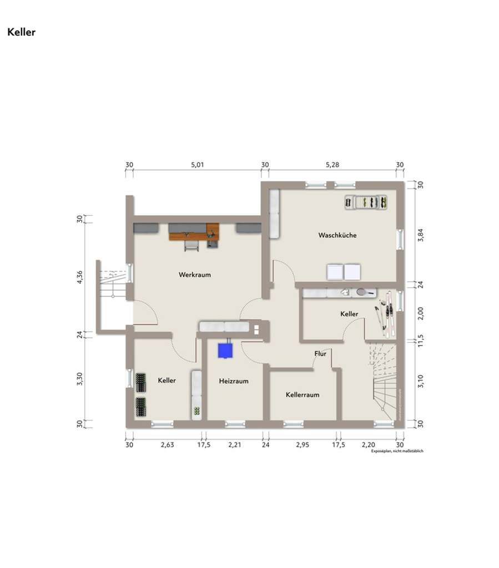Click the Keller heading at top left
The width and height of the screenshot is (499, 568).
pos(21,32)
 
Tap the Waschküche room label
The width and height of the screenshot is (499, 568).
pos(337,235)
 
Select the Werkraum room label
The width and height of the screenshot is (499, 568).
pos(194,275)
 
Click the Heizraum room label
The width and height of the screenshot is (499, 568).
pos(233,381)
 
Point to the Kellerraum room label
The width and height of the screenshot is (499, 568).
pos(303,395)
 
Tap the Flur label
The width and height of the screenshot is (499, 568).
pos(320,353)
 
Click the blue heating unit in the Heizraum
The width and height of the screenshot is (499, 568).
pos(225,350)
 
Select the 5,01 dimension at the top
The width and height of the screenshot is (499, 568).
pos(198,165)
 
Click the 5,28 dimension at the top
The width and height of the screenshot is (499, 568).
pos(332,165)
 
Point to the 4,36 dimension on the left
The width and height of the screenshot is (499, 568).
pos(80,277)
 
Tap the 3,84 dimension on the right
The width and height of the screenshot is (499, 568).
pos(420,235)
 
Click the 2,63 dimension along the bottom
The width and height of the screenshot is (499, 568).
pos(167,444)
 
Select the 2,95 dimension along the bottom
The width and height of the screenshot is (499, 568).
pos(303,444)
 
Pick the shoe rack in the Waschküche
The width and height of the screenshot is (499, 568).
pos(365,203)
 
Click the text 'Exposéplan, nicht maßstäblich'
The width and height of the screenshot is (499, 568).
pos(397,452)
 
